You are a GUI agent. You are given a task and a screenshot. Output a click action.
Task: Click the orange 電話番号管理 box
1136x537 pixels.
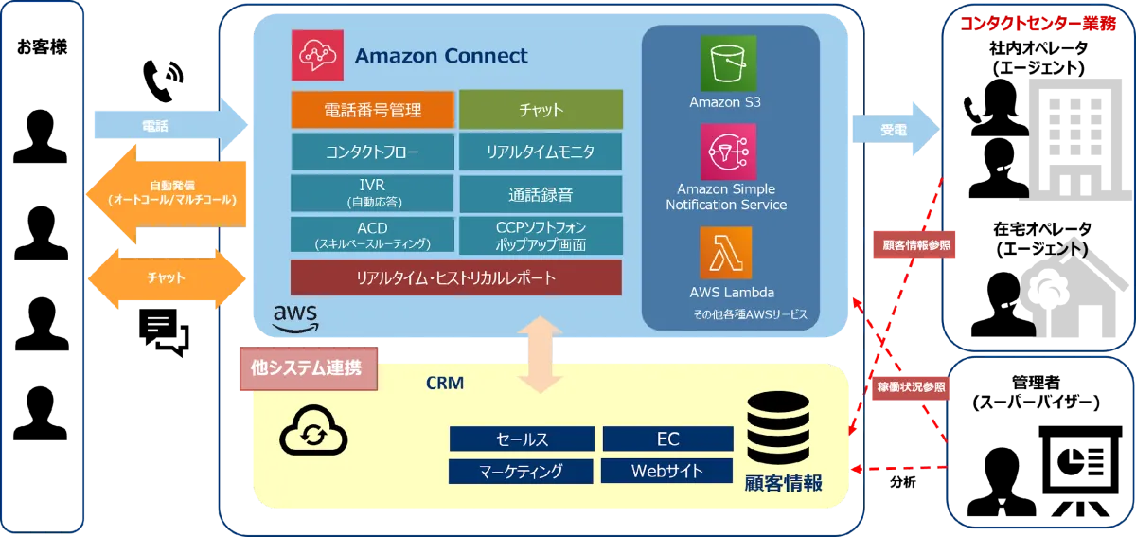tap(372, 109)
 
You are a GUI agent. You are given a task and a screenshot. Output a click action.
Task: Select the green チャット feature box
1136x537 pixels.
tap(541, 109)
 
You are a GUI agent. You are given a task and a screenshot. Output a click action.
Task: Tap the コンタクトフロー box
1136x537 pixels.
tap(372, 151)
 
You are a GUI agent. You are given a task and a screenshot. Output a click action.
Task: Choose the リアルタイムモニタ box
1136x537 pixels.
tap(541, 151)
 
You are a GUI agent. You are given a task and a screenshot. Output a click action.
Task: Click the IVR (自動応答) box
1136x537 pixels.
tap(372, 192)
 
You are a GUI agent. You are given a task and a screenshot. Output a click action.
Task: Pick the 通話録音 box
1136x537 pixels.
tap(541, 194)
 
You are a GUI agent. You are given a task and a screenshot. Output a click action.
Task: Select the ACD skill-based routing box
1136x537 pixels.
tap(372, 235)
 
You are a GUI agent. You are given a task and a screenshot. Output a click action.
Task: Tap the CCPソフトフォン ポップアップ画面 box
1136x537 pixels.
tap(541, 235)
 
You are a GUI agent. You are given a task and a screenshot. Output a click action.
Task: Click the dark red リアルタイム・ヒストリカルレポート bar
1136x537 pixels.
tap(455, 277)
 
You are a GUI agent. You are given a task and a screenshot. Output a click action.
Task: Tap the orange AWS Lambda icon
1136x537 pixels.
tap(726, 252)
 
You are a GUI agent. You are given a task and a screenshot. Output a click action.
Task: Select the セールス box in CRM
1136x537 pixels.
tap(522, 439)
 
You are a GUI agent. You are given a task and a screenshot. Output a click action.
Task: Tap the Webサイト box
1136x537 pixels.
tap(667, 471)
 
